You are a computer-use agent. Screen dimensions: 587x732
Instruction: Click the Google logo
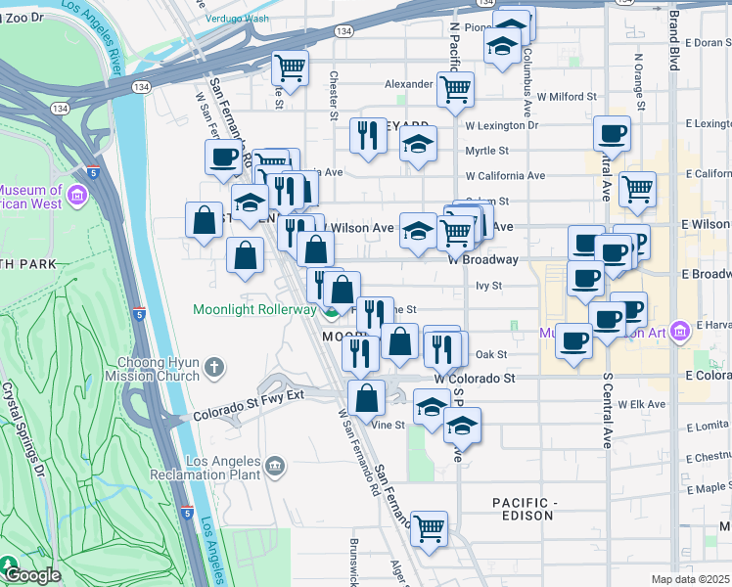tap(32, 575)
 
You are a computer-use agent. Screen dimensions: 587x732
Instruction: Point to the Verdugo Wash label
tap(238, 18)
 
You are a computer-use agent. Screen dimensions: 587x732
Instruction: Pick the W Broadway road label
tap(482, 260)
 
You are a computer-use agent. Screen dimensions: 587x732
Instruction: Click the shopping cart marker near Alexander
tap(455, 89)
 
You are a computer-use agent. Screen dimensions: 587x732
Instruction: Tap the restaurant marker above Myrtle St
tap(369, 135)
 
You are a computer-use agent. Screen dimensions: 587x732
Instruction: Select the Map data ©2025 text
tap(691, 579)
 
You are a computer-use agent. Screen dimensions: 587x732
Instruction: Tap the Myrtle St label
tap(486, 151)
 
